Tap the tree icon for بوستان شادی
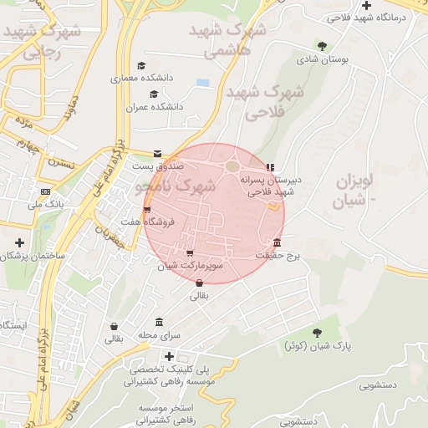pos(322,45)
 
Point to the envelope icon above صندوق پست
pos(158,153)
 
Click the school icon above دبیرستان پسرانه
pos(270,167)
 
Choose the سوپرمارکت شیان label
pos(191,266)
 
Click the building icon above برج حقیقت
pos(277,243)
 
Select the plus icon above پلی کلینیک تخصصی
pos(170,356)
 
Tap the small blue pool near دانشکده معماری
pos(202,83)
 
